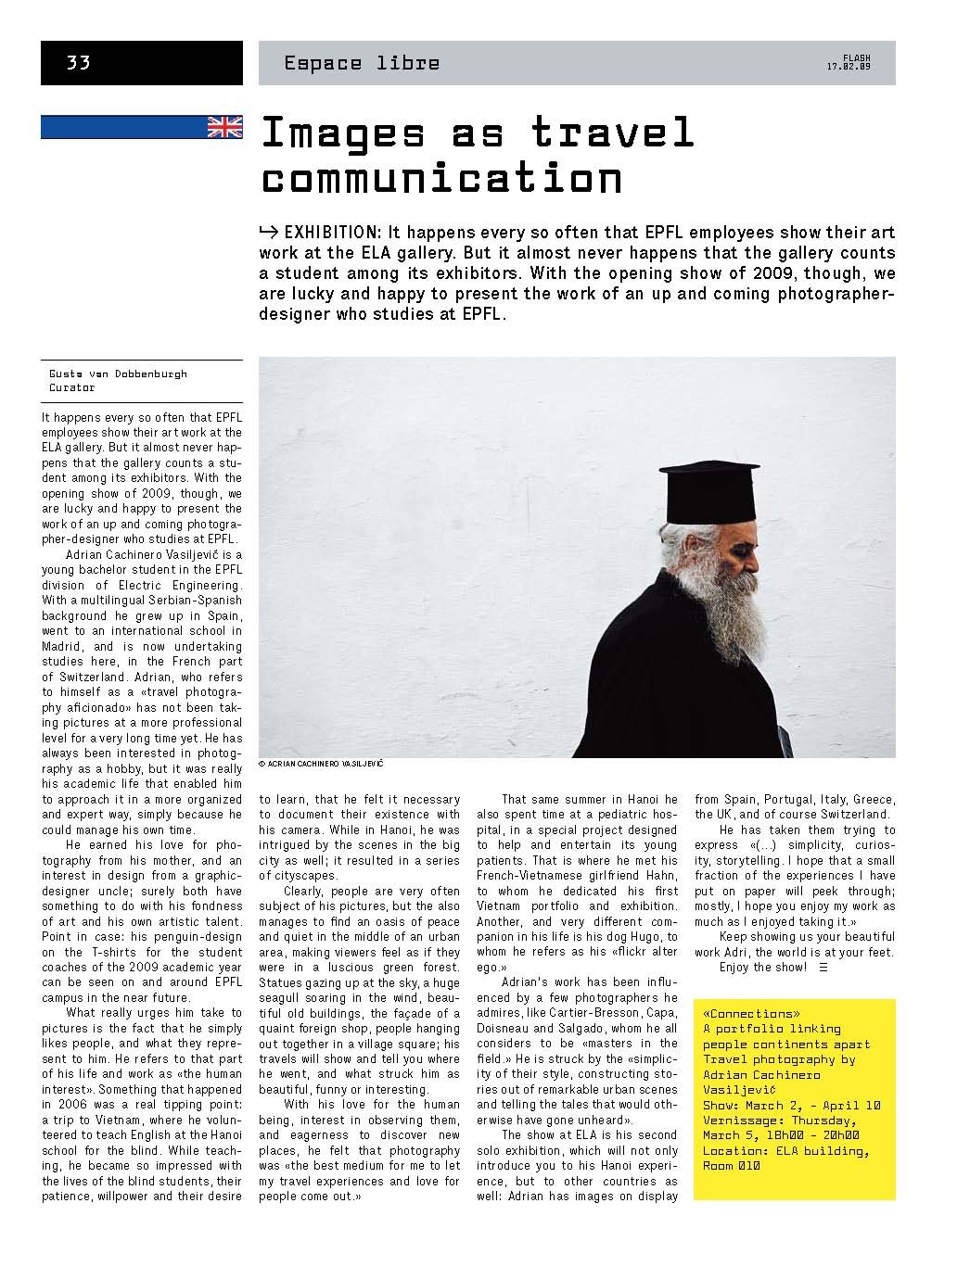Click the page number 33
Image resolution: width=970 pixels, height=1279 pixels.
78,63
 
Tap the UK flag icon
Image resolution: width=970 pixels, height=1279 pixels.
224,127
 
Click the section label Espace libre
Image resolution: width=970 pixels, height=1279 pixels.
362,63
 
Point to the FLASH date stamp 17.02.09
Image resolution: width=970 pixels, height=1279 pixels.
849,63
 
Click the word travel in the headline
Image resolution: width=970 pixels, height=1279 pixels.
613,133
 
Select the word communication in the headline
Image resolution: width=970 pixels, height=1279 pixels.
441,178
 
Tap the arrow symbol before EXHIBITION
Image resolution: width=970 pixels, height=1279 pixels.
270,233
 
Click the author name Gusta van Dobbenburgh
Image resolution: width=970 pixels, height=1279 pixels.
118,374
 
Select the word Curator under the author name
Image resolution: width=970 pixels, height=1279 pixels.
72,387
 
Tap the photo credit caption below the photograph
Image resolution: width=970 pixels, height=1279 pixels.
321,765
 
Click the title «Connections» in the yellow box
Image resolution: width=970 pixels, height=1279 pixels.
752,1013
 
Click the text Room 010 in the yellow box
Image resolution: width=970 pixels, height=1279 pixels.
732,1166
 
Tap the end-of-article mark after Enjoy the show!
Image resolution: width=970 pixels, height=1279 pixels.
823,968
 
